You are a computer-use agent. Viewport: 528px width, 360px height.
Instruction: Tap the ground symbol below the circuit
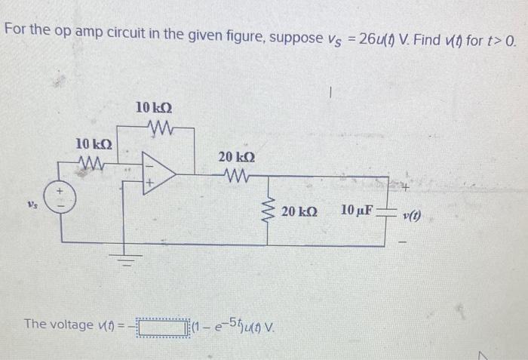129,262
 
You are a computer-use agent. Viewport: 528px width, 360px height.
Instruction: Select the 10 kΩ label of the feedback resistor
155,108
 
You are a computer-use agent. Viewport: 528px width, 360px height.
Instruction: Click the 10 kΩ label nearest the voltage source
95,143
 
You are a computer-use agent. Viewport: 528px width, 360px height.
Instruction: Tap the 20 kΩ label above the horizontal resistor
236,156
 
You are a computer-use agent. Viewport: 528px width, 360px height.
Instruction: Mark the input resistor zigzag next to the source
96,160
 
